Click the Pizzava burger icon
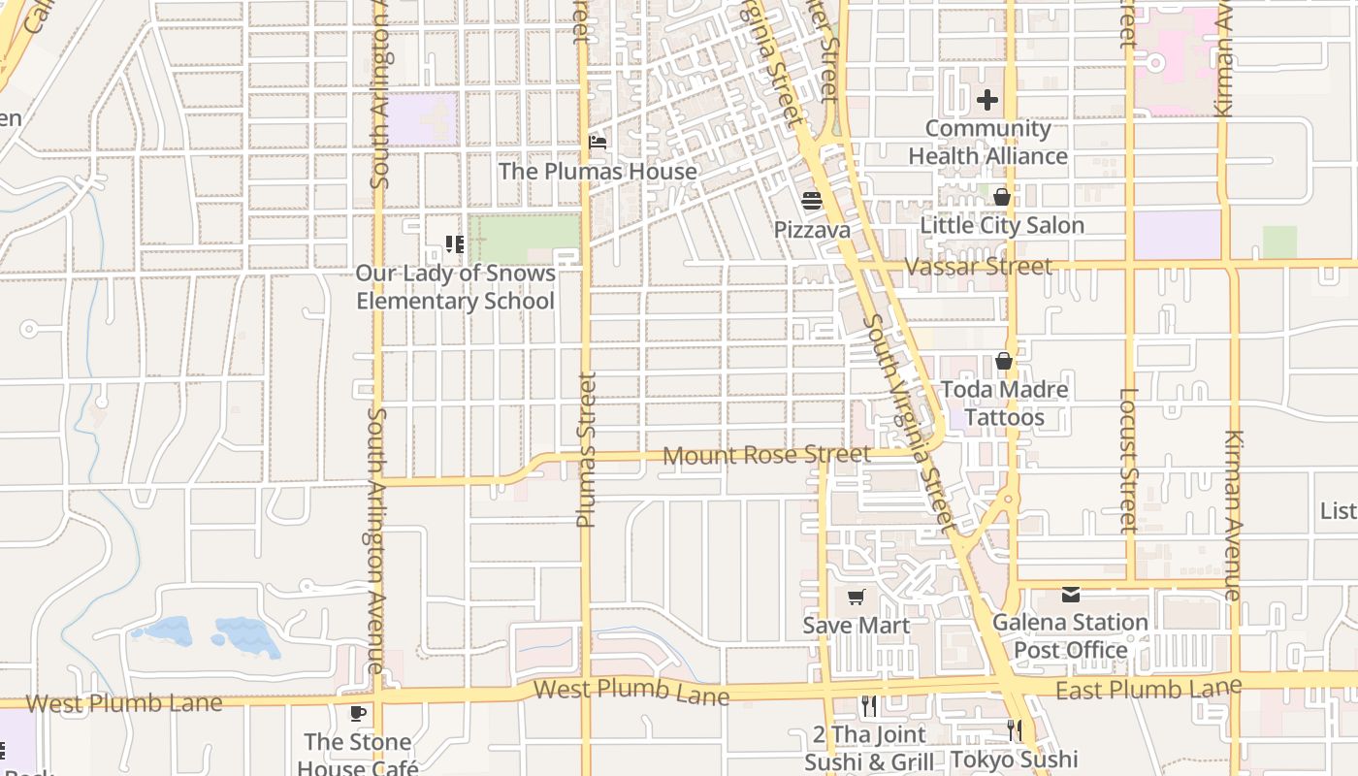[812, 201]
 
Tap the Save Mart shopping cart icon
[856, 597]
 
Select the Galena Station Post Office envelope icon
[1071, 594]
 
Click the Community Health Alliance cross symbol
[987, 100]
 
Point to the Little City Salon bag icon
[1002, 197]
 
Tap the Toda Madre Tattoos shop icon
[1003, 361]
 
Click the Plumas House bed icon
[598, 143]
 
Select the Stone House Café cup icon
[358, 714]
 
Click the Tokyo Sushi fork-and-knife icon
[1015, 730]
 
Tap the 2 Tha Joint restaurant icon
[869, 705]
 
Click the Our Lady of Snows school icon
[454, 243]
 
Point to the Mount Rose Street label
[766, 454]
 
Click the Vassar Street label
[978, 266]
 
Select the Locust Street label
[1128, 461]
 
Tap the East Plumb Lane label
[1148, 690]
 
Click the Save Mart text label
[857, 626]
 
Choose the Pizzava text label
[812, 230]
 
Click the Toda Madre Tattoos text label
[1005, 404]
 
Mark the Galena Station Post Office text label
[1071, 635]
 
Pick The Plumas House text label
[598, 172]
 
